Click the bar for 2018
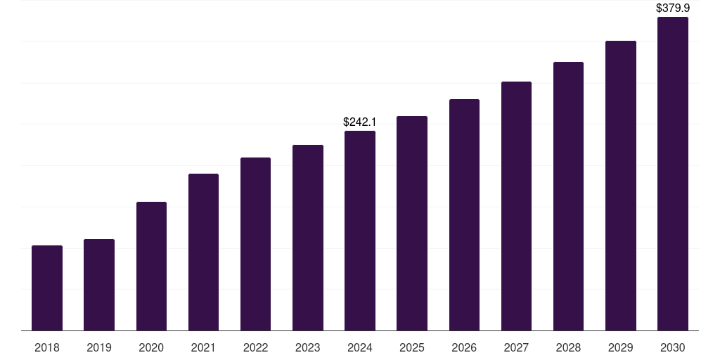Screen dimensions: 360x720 pos(47,288)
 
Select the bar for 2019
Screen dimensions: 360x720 pos(99,285)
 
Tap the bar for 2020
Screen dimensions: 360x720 pos(151,266)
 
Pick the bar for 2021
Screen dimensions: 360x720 pos(203,252)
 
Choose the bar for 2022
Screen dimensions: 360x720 pos(255,244)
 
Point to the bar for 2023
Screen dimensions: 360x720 pos(308,238)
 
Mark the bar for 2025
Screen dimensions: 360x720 pos(412,224)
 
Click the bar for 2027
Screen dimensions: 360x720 pos(516,206)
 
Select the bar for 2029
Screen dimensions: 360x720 pos(621,186)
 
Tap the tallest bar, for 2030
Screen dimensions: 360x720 pos(673,174)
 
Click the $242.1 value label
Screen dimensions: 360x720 pos(359,122)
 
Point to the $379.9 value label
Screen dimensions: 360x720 pos(673,8)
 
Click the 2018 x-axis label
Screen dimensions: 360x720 pos(47,347)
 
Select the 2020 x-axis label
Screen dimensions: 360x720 pos(151,347)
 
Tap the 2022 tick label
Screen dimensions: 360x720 pos(255,347)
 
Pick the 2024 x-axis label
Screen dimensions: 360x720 pos(360,347)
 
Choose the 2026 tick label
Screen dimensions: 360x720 pos(464,347)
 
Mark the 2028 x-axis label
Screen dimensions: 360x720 pos(568,347)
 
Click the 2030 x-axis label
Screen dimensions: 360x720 pos(673,347)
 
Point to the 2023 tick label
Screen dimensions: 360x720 pos(308,347)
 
